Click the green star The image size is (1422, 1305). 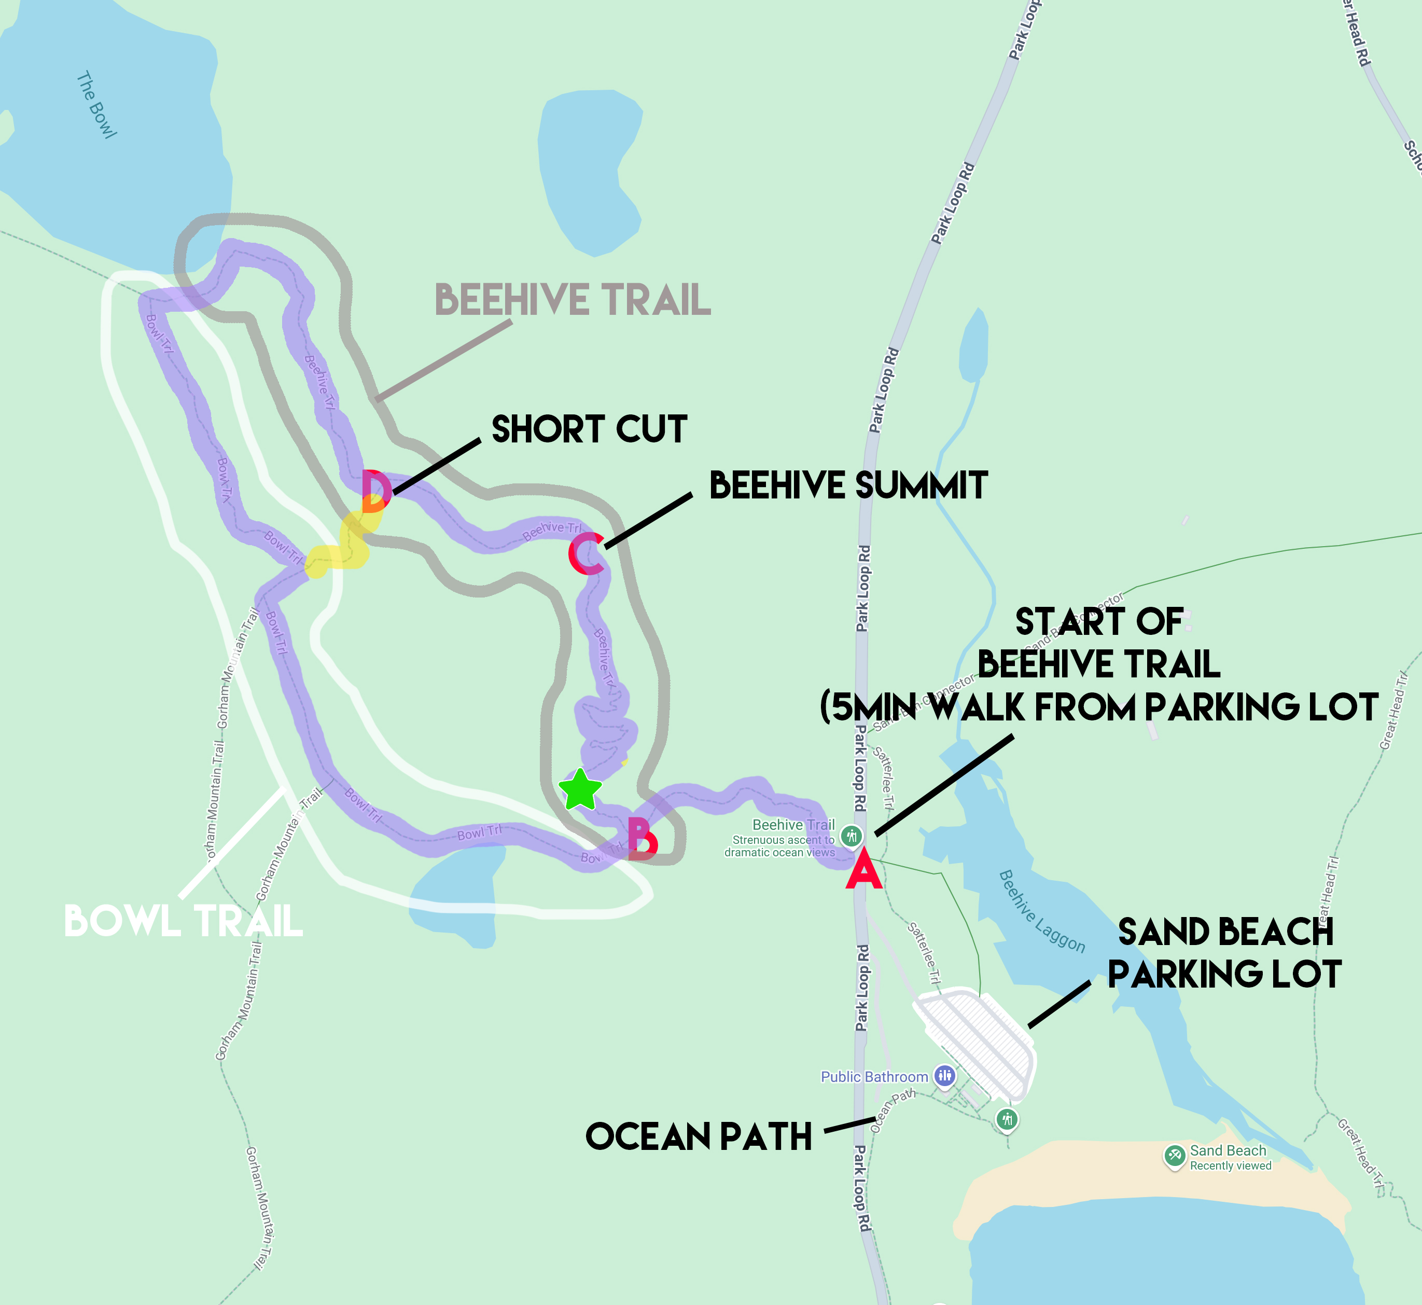(x=580, y=789)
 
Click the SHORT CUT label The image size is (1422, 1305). (x=589, y=429)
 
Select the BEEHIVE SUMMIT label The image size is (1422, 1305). (x=848, y=486)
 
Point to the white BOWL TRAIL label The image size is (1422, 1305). (x=184, y=922)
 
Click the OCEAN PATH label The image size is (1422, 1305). (x=698, y=1137)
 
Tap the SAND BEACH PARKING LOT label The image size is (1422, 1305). (x=1225, y=953)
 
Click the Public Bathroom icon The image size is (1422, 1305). (x=944, y=1076)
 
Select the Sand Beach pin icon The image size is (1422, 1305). (x=1174, y=1156)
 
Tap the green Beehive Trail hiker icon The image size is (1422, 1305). (x=852, y=836)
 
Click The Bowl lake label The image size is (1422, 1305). (x=96, y=104)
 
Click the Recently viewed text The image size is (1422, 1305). (x=1231, y=1166)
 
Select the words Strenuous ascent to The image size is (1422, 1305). (x=783, y=840)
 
